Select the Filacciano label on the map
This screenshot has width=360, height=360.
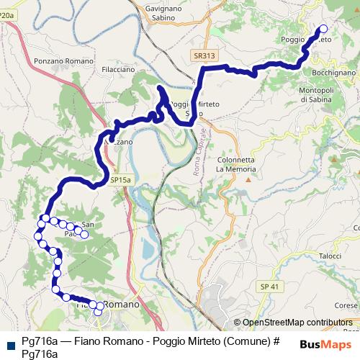118,70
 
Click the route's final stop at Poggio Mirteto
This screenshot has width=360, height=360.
323,29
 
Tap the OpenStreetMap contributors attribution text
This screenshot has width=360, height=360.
297,323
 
